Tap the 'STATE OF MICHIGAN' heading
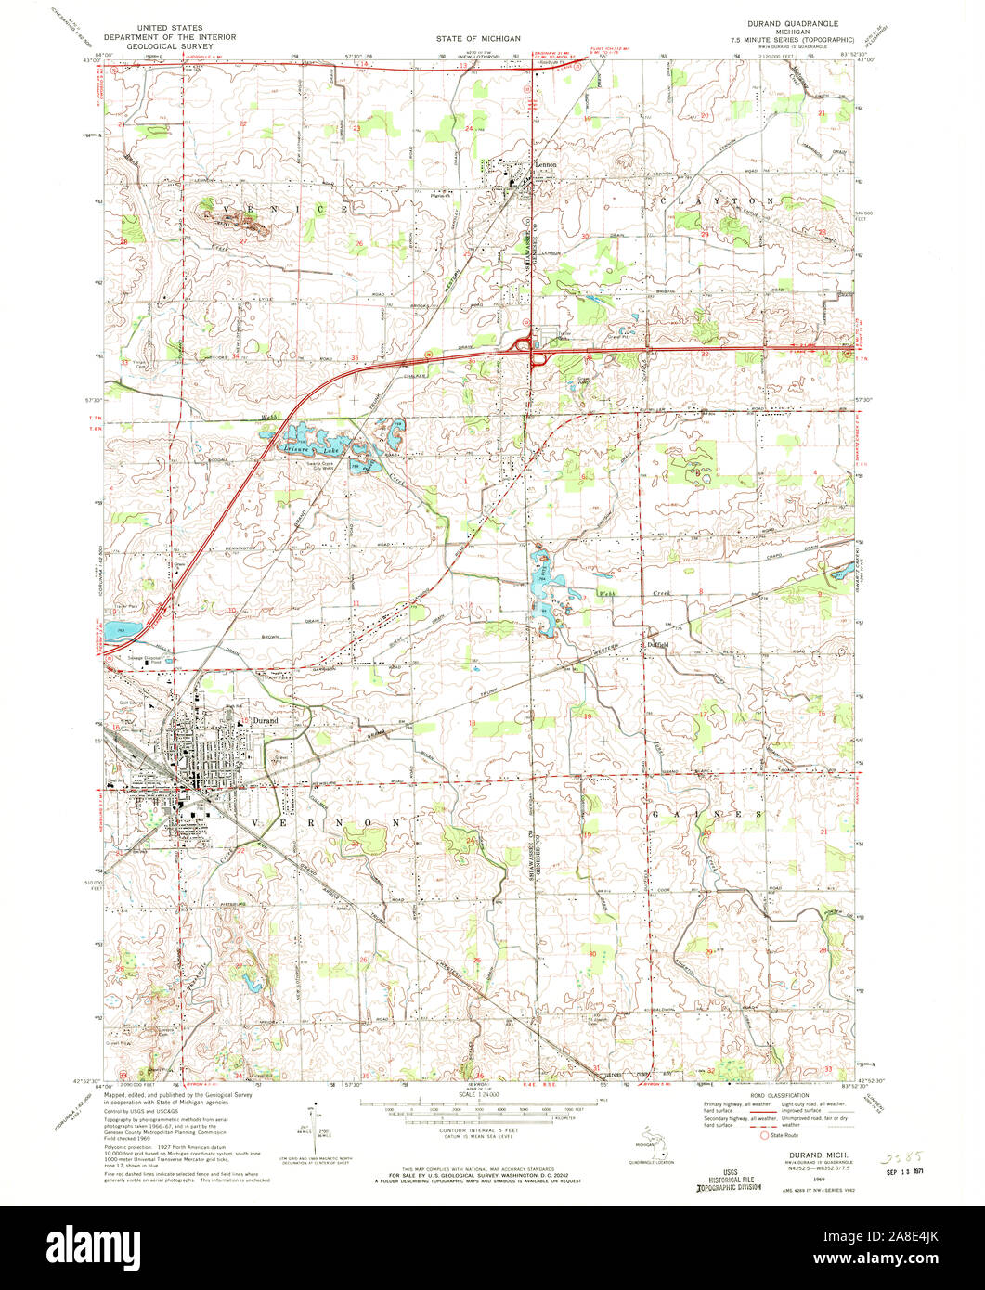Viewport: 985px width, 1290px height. [480, 38]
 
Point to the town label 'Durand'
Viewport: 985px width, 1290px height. [262, 720]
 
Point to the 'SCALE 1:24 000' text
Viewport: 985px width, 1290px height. [476, 1095]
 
